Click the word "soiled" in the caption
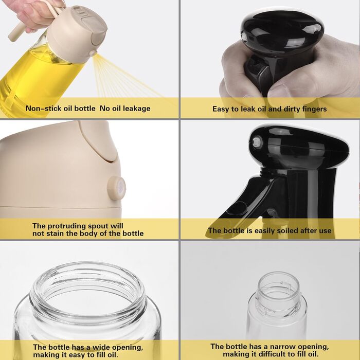tap(287, 230)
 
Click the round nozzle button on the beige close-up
tap(117, 188)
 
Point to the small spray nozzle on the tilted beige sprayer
tap(93, 53)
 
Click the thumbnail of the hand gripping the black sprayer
tap(270, 59)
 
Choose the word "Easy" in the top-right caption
tap(221, 109)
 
